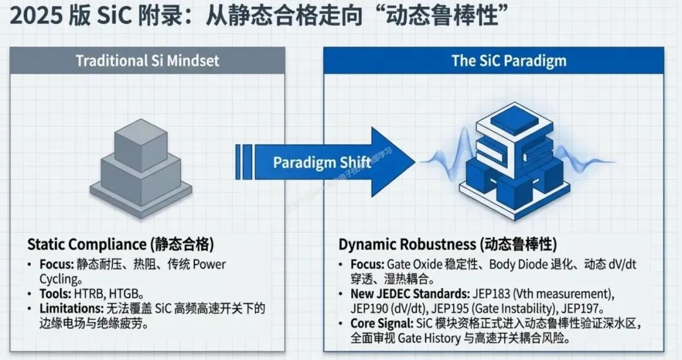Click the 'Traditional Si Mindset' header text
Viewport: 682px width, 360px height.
pos(147,61)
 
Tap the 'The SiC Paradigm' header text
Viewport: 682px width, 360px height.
pos(508,61)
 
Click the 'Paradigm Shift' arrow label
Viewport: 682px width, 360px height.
pos(321,162)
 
